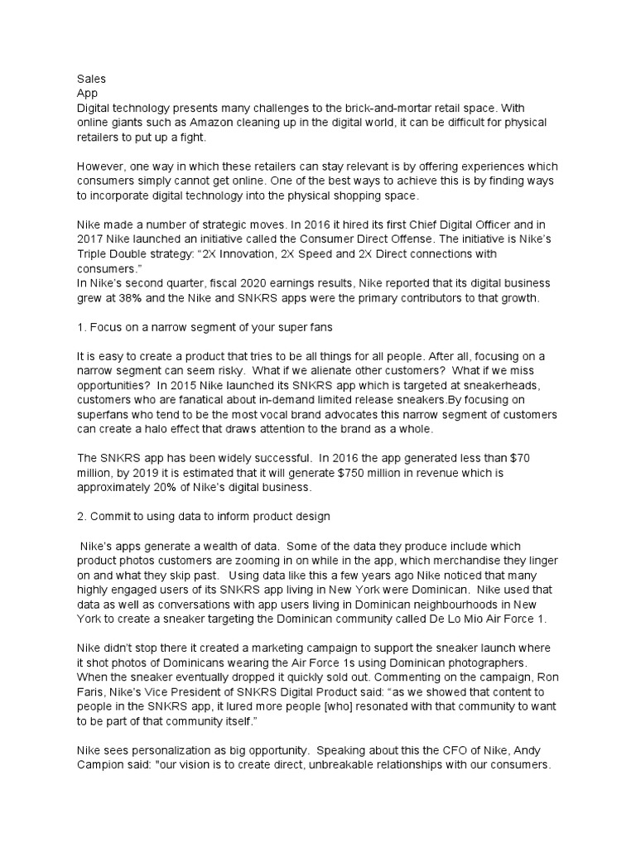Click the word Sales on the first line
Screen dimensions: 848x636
click(x=90, y=79)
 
